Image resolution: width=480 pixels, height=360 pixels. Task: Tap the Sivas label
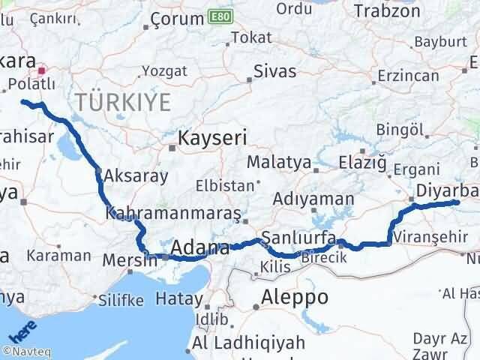274,72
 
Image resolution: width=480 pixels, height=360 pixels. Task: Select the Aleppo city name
295,297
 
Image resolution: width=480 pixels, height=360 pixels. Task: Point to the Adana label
199,247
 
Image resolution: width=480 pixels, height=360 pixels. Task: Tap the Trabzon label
386,11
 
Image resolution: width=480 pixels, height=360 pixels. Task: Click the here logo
20,332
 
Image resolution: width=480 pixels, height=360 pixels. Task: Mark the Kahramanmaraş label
173,214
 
